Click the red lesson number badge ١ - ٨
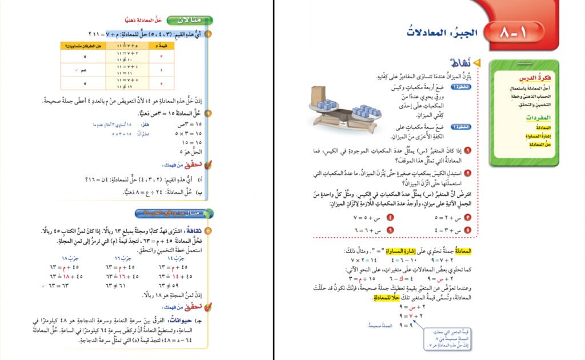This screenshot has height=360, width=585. click(515, 33)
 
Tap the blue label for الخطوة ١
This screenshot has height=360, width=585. click(460, 87)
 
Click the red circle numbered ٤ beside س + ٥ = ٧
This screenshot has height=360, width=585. click(391, 218)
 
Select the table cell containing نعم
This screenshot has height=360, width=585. click(85, 70)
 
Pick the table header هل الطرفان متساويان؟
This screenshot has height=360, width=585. click(85, 45)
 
